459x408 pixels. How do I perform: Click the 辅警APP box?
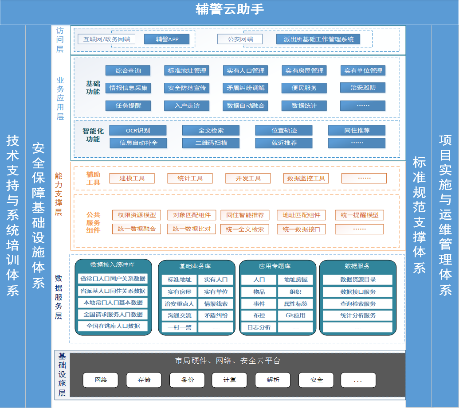point(167,39)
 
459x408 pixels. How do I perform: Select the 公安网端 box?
point(240,39)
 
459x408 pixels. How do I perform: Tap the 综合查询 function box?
point(128,70)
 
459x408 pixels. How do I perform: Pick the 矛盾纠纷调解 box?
point(245,88)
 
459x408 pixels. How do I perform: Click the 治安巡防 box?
point(363,87)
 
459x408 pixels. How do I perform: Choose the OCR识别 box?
point(138,130)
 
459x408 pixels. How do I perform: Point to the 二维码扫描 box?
point(211,143)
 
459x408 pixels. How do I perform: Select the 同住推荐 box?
point(357,130)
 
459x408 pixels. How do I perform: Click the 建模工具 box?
point(132,179)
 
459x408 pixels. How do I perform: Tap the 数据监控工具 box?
point(306,179)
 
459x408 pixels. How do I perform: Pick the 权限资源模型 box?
point(137,215)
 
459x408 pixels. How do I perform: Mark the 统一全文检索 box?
point(245,229)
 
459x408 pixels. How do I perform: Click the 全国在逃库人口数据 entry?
point(113,326)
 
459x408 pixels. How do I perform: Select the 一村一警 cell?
point(180,327)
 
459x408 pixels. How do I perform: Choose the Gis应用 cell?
point(295,315)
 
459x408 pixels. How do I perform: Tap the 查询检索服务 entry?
point(358,303)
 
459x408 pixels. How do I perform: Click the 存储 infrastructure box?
point(144,380)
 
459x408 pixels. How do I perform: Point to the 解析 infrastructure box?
point(273,380)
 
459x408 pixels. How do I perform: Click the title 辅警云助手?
point(230,9)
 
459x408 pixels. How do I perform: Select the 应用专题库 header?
point(275,266)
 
